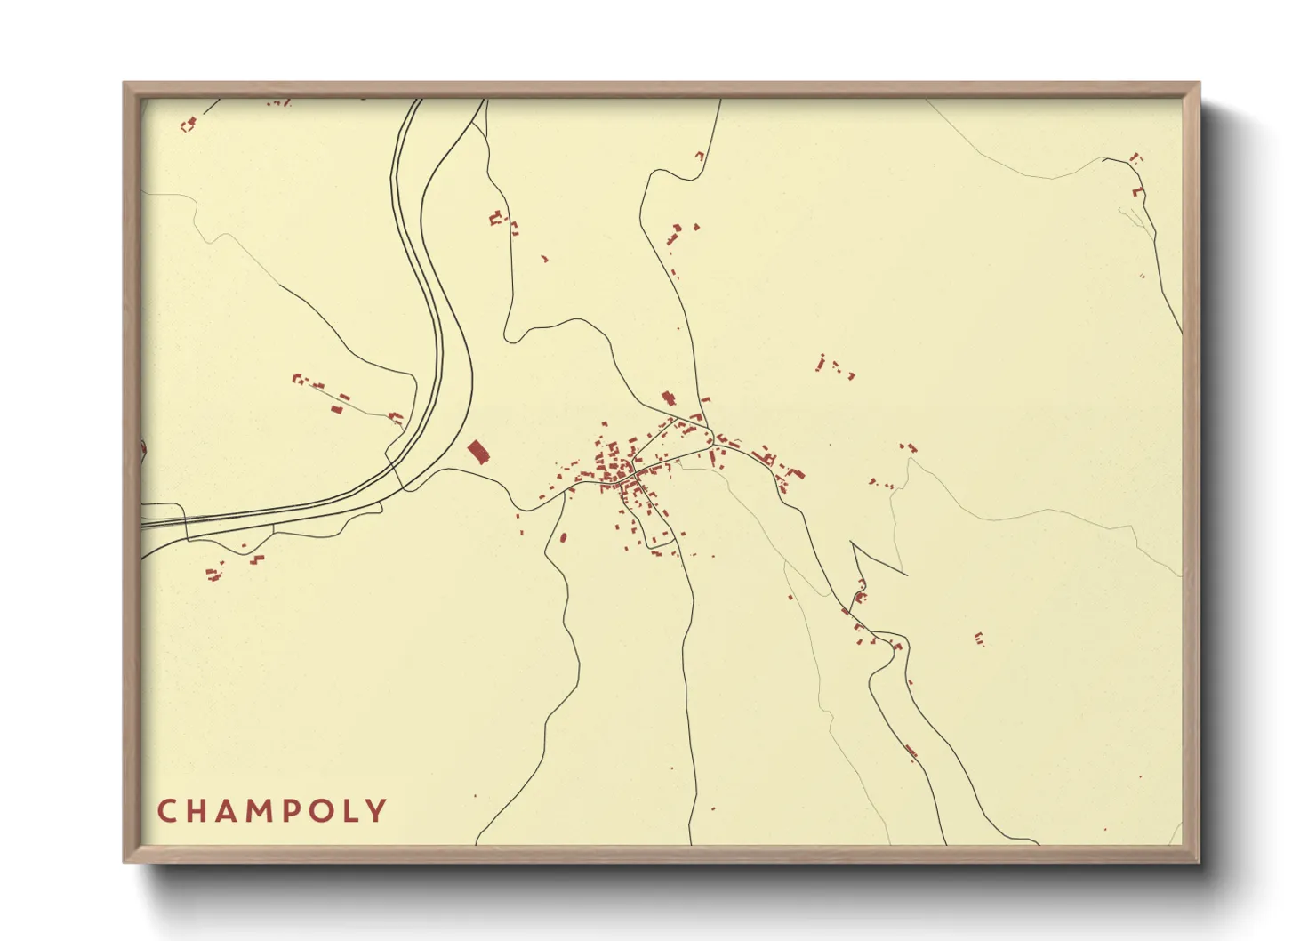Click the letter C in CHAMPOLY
[x=166, y=811]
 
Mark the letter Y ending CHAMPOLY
[x=380, y=811]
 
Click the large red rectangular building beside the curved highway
[x=478, y=452]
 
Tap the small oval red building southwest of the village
[x=563, y=537]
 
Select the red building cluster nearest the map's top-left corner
[x=188, y=125]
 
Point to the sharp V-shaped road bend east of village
[x=853, y=542]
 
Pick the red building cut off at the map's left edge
[x=142, y=450]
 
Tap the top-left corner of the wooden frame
[x=124, y=84]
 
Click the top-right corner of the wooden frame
[x=1199, y=84]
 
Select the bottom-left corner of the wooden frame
[x=124, y=861]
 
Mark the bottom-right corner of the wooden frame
[x=1199, y=861]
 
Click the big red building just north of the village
[x=668, y=398]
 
